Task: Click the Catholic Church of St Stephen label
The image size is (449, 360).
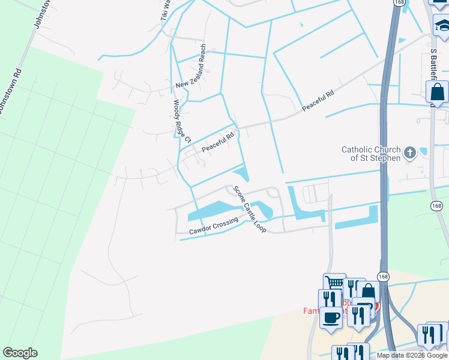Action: click(370, 154)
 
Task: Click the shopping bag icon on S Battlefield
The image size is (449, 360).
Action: click(437, 92)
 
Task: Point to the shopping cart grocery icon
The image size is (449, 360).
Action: click(334, 283)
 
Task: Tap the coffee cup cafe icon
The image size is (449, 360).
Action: click(330, 316)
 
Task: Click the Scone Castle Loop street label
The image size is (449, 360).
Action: click(250, 209)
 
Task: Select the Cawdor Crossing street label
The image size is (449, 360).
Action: click(214, 224)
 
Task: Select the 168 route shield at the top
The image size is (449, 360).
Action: click(399, 2)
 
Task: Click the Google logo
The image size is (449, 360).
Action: click(20, 353)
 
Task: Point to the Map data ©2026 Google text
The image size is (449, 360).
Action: click(412, 355)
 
